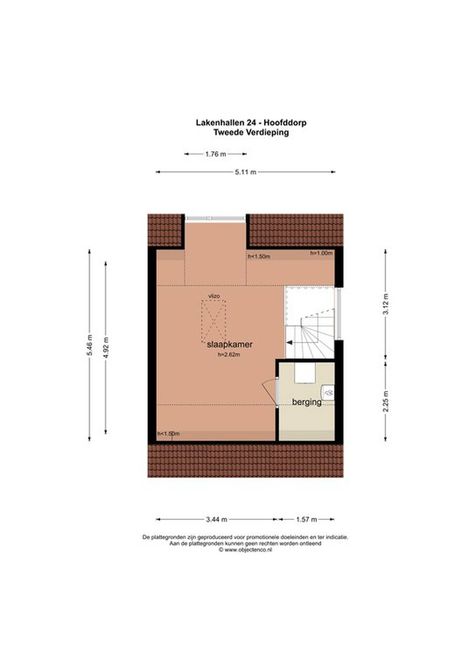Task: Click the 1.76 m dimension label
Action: click(x=215, y=154)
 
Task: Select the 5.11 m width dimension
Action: click(x=245, y=172)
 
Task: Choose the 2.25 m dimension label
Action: click(x=386, y=401)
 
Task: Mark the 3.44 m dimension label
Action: click(x=216, y=520)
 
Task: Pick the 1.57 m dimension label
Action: click(x=307, y=520)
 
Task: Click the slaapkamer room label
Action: click(x=230, y=345)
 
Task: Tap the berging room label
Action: click(x=307, y=402)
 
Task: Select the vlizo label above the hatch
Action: click(x=214, y=296)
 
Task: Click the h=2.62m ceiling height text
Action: click(x=229, y=355)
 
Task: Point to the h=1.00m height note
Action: click(x=321, y=253)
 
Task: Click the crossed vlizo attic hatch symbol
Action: click(x=214, y=321)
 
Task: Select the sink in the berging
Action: click(x=328, y=393)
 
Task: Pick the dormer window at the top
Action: click(x=215, y=218)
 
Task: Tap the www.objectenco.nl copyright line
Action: click(x=245, y=550)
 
